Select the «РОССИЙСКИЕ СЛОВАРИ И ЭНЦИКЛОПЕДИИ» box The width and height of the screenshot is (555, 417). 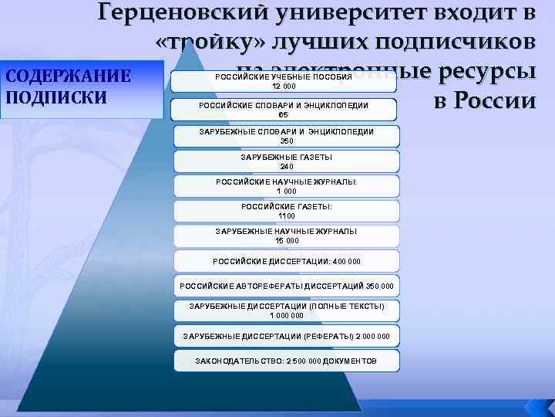(x=284, y=109)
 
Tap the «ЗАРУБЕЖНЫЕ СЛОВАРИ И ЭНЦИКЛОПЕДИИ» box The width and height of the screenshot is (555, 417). (x=287, y=136)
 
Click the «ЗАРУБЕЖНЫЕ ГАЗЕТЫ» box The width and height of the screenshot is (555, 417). (x=287, y=161)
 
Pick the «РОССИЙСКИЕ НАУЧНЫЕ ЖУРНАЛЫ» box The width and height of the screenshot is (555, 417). (x=287, y=186)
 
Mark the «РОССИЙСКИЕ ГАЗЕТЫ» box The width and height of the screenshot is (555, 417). (x=287, y=211)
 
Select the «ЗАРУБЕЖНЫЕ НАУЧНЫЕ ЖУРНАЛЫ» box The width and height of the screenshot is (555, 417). (x=287, y=236)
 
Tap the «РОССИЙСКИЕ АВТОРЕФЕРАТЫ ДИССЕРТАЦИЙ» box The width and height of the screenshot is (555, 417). (x=287, y=285)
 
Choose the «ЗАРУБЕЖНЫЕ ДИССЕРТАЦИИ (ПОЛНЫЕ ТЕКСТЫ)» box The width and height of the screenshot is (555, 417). (x=287, y=310)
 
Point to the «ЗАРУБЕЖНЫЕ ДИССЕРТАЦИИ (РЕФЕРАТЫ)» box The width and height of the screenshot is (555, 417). (x=287, y=336)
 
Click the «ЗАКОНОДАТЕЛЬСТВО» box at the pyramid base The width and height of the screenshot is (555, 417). (x=287, y=361)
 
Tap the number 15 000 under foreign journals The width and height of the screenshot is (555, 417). (x=287, y=240)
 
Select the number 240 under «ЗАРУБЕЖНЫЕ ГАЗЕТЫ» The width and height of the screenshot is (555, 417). (x=287, y=166)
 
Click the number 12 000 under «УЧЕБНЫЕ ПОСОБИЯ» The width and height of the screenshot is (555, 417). (x=283, y=86)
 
